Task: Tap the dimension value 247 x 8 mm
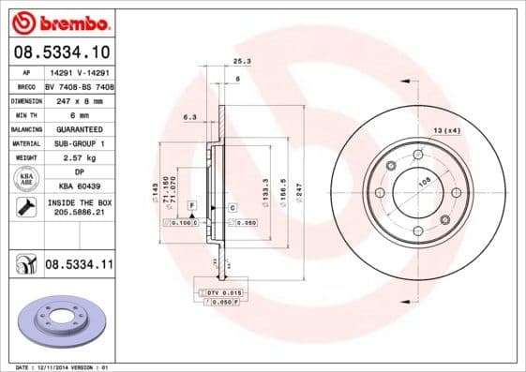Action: (80, 98)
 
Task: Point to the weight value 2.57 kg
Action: (80, 157)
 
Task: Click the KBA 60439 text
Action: (80, 187)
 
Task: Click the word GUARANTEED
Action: (80, 128)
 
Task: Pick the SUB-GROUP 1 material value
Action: (80, 143)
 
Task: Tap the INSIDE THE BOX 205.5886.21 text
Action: (80, 208)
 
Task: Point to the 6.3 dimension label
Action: (189, 117)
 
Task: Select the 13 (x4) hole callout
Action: (446, 129)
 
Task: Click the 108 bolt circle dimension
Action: (423, 184)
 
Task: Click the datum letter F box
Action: (191, 204)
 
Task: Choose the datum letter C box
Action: (231, 205)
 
